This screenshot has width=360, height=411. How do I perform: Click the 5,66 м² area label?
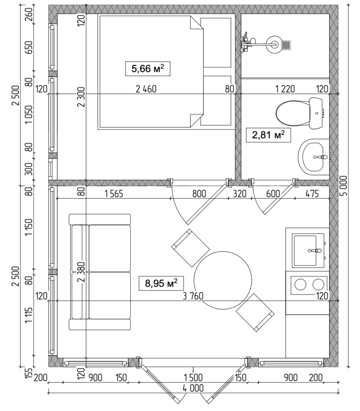(147, 69)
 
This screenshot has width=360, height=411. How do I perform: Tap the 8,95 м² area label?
(161, 283)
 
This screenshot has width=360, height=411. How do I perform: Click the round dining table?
(222, 280)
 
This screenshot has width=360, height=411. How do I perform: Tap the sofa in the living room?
(100, 272)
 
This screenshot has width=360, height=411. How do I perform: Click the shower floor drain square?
(286, 45)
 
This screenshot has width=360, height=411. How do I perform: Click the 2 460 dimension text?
(145, 89)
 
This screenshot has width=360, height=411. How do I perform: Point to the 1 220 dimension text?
(285, 89)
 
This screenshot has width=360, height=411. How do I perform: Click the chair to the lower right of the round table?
(255, 312)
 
